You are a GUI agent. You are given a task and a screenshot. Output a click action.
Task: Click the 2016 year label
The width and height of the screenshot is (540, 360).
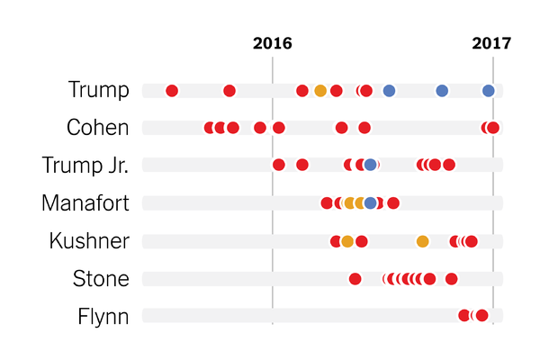coord(273,43)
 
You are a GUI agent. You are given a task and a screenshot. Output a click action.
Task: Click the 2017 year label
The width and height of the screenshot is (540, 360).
coord(491,43)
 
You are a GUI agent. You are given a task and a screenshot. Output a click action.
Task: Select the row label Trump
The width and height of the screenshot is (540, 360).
coord(98,90)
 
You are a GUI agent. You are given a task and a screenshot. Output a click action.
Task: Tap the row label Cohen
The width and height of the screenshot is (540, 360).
coord(97,128)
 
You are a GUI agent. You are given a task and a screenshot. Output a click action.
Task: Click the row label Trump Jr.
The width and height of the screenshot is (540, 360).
coord(85,166)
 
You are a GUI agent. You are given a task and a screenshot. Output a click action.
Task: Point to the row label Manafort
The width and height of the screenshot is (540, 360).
coord(85,203)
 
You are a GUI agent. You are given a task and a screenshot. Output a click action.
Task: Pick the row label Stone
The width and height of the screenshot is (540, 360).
coord(101,279)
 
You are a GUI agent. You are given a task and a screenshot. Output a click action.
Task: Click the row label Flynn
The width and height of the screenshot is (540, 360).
coord(103,316)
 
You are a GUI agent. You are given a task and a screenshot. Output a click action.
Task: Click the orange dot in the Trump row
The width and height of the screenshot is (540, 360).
coord(320,90)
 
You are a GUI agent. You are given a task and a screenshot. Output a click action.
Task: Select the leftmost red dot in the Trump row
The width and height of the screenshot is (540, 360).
coord(172,90)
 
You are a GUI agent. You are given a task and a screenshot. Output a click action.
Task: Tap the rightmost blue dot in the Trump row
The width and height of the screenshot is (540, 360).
coord(489,90)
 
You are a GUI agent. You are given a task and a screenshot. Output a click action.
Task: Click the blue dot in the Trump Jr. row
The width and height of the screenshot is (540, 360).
coord(371,165)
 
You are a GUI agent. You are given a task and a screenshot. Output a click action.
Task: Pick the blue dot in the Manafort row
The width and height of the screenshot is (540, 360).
coord(371,202)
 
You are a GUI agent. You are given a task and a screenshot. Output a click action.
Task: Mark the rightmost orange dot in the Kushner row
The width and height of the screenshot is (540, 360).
coord(423,240)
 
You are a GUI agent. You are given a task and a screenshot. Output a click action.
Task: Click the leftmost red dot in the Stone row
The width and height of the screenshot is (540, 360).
coord(355,278)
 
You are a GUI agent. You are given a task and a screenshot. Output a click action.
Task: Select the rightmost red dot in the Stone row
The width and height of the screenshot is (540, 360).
coord(452,278)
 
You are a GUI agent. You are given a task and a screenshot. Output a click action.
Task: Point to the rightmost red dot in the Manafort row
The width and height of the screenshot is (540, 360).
coord(393,202)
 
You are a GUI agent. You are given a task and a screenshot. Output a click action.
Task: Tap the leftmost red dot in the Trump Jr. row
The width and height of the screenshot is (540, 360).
coord(279,165)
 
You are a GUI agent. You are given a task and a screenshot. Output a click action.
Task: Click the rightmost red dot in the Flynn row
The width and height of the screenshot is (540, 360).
coord(481,315)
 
